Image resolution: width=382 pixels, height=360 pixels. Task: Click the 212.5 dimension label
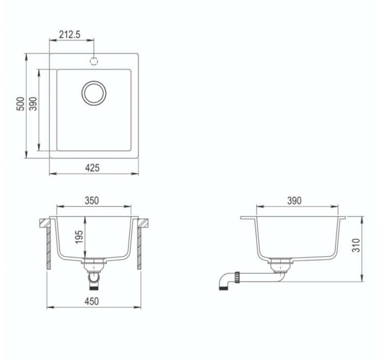click(70, 34)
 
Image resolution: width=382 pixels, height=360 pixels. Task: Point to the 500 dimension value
click(21, 104)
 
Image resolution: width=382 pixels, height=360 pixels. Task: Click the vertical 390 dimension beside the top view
click(33, 104)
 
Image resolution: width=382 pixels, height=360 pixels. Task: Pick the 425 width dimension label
click(93, 168)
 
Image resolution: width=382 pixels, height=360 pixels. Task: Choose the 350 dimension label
click(92, 201)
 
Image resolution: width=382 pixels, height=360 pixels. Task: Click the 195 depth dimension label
click(79, 237)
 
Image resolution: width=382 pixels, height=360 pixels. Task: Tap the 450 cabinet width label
click(92, 301)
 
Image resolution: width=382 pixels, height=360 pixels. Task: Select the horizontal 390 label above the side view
click(294, 201)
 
